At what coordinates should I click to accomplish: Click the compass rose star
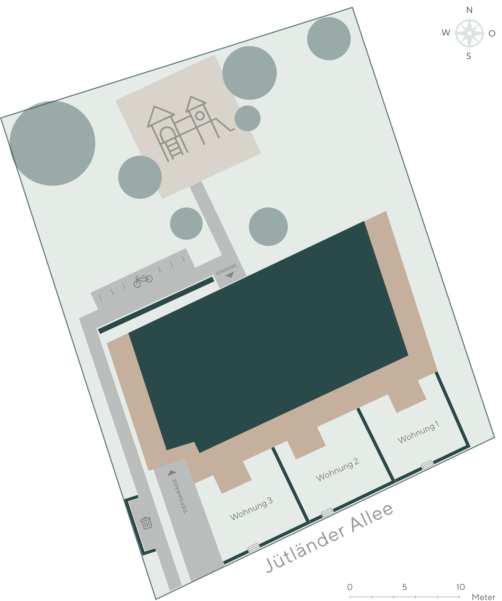(x=469, y=33)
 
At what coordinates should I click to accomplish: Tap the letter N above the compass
(x=469, y=10)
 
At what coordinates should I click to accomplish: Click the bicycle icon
(x=143, y=281)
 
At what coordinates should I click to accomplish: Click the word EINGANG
(x=226, y=269)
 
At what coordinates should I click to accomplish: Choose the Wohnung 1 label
(x=418, y=432)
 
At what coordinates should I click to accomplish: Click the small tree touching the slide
(x=247, y=118)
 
